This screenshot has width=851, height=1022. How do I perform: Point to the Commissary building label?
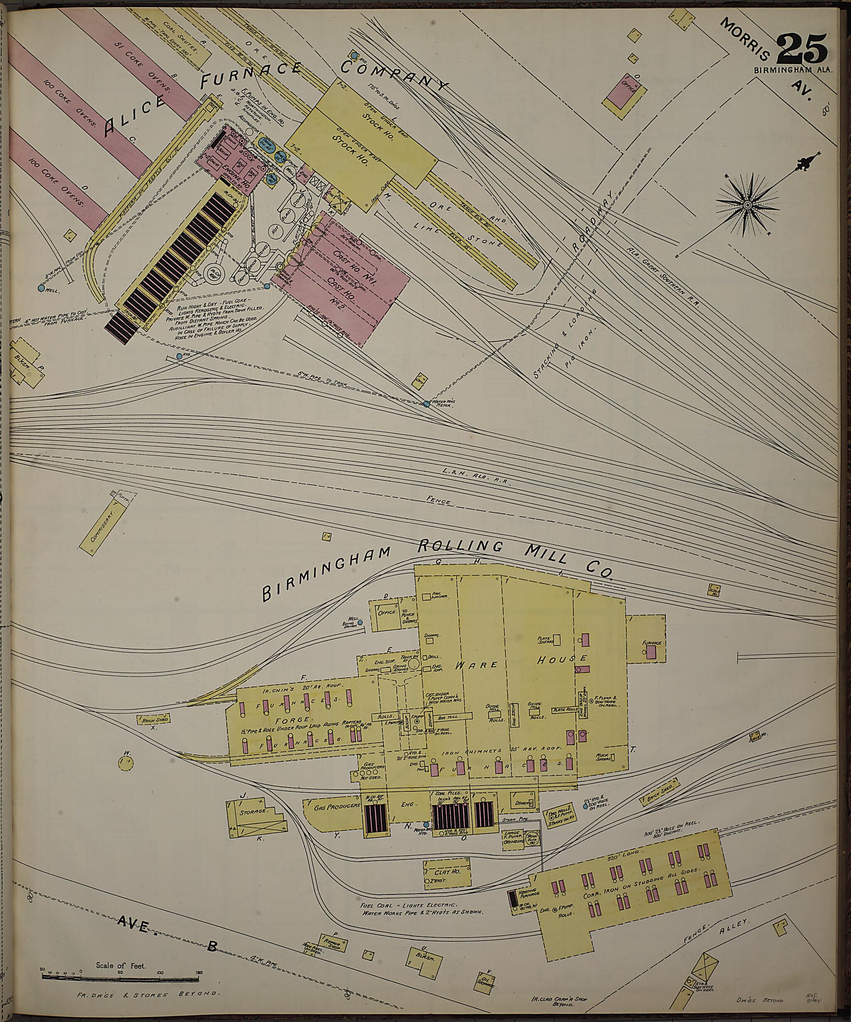pos(105,527)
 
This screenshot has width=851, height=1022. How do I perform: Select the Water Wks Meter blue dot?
pos(427,404)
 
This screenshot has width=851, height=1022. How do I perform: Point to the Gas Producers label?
pos(331,807)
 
